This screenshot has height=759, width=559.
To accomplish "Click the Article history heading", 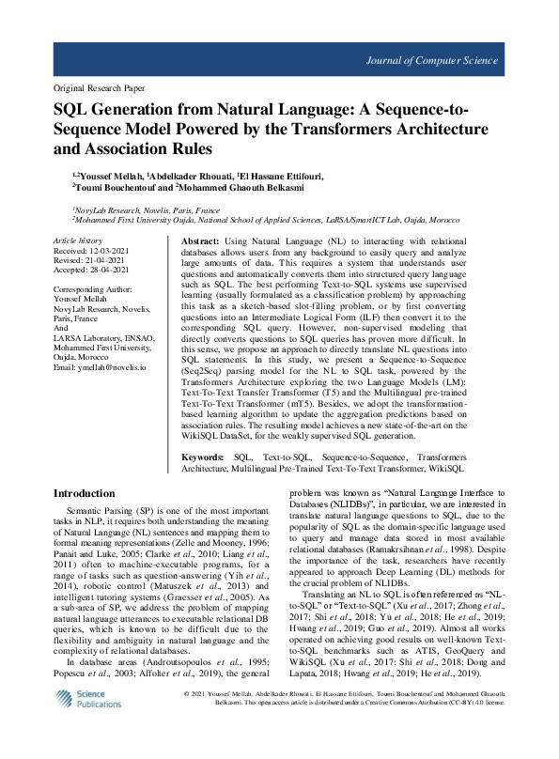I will [78, 241].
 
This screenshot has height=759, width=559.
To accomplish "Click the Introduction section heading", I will [85, 493].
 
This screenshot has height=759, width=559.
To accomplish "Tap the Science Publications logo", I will [82, 725].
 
